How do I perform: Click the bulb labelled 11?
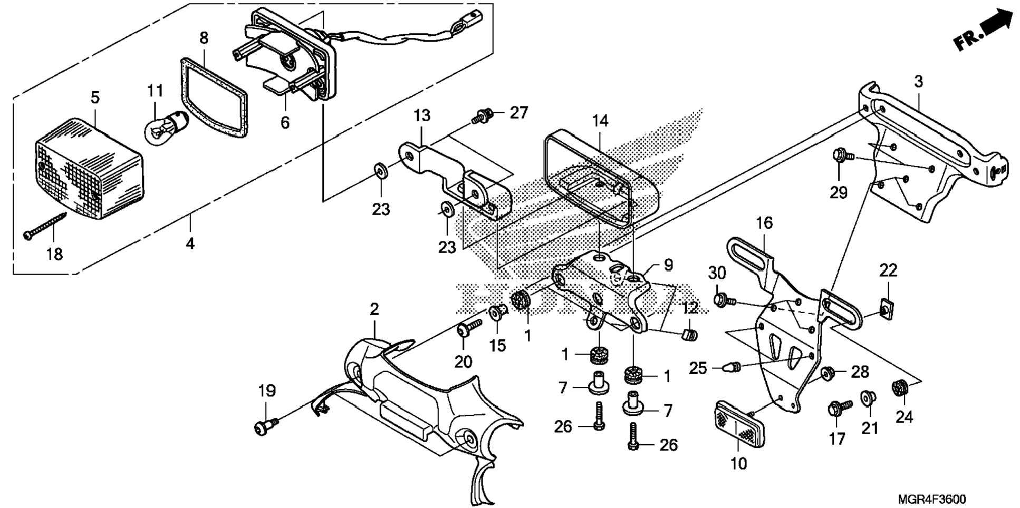pos(166,126)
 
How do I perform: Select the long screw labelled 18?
pos(45,225)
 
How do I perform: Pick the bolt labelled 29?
pos(840,156)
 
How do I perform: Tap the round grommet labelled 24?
pos(900,388)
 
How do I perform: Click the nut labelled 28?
pos(827,373)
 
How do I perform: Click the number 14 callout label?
pos(600,121)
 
